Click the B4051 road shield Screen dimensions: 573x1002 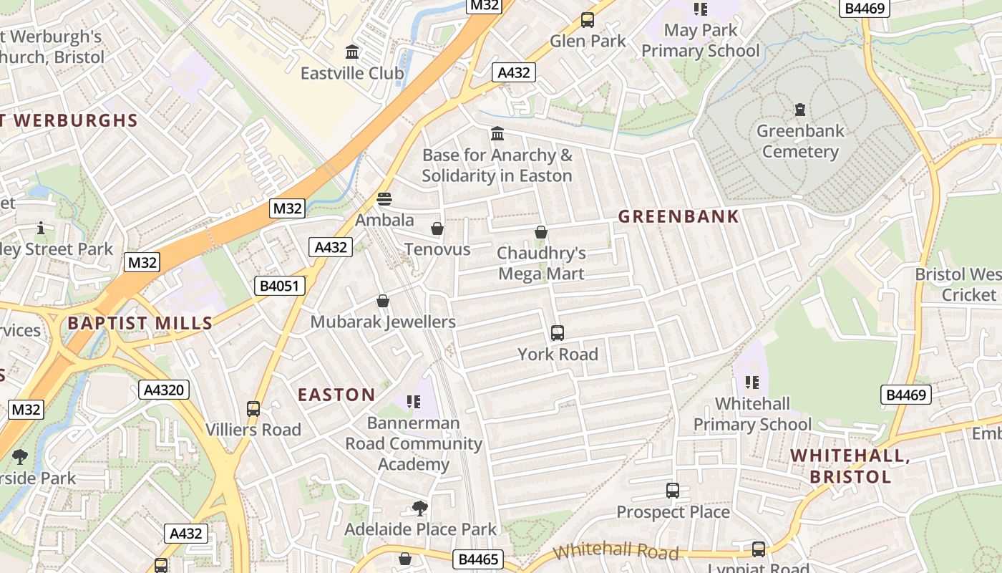(281, 286)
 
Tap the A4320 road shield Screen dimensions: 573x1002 (164, 390)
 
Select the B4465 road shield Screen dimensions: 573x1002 (477, 559)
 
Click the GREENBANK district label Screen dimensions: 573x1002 (678, 216)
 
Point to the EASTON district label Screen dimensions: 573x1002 (336, 395)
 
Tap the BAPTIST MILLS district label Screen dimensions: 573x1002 (140, 323)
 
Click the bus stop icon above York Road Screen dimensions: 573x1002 (558, 333)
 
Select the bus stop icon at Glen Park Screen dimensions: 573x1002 (588, 20)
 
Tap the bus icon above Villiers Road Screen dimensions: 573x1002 (253, 409)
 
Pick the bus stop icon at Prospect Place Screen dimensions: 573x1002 (673, 491)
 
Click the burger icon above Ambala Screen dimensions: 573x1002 (384, 199)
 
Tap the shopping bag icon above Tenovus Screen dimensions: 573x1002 (437, 228)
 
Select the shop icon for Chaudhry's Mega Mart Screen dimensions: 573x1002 (541, 232)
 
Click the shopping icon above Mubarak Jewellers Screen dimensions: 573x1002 (383, 301)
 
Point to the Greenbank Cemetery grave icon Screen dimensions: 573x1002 (800, 110)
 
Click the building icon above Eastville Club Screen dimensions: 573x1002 (352, 52)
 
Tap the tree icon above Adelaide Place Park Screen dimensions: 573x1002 (420, 509)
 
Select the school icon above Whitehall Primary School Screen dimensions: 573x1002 (751, 382)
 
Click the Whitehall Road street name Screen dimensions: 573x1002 (616, 552)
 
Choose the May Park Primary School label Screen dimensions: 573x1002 (700, 40)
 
